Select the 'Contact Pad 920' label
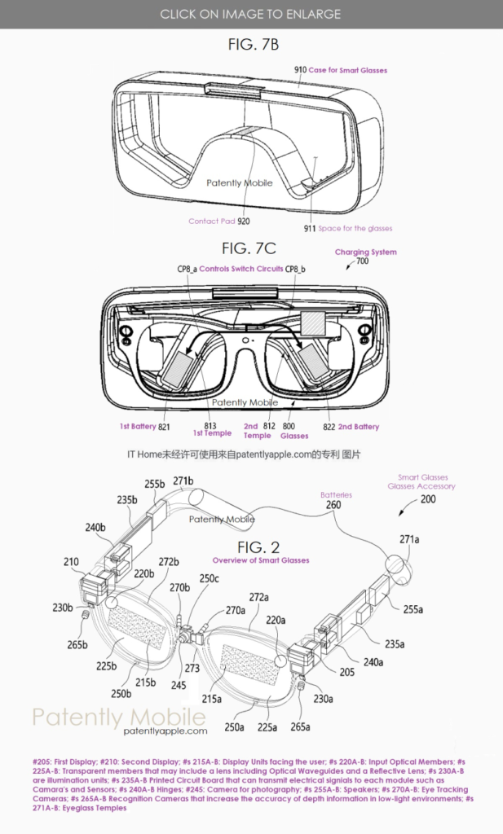coord(218,221)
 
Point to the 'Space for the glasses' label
coord(355,229)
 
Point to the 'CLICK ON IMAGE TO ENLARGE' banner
coord(251,14)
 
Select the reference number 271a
coord(411,539)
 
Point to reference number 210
coord(72,561)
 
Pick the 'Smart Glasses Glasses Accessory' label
coord(421,482)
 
